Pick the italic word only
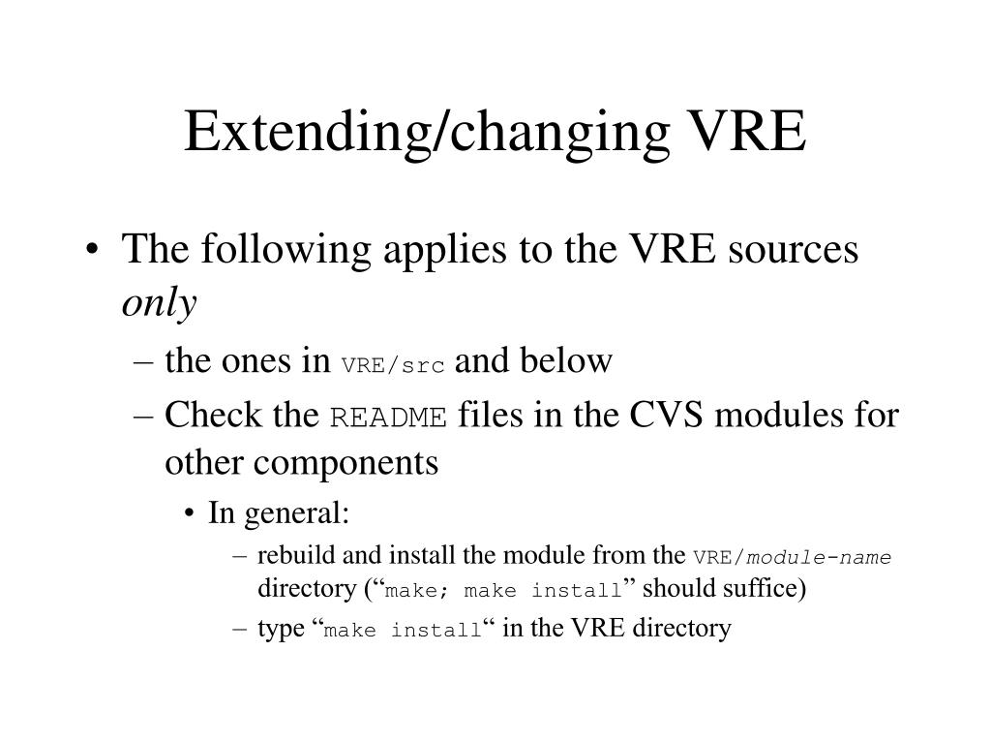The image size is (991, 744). [159, 304]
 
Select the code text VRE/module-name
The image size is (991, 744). [792, 558]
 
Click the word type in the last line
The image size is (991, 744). [281, 630]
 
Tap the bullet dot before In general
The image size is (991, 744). [193, 514]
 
